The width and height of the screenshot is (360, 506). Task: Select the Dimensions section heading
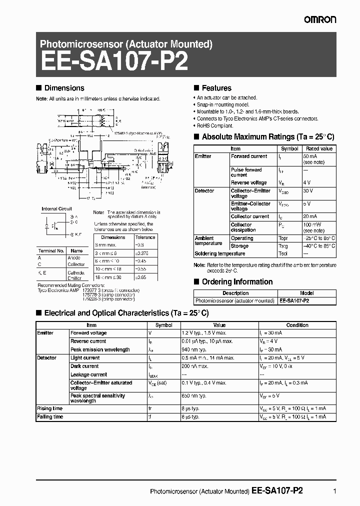click(64, 88)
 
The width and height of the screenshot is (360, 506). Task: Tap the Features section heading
click(216, 88)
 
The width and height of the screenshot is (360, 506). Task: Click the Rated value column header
click(319, 148)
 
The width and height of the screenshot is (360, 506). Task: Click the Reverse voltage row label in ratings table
click(248, 182)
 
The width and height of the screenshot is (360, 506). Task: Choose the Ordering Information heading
click(237, 282)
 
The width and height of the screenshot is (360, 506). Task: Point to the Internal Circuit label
click(56, 209)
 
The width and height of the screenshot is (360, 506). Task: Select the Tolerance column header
click(145, 237)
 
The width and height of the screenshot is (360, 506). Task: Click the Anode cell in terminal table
click(74, 257)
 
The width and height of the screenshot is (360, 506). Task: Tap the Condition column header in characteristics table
click(297, 325)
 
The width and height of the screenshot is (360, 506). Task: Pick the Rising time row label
click(50, 408)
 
